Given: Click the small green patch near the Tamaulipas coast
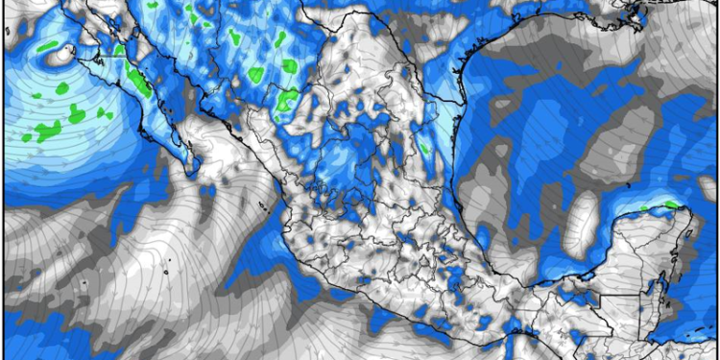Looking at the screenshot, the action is [423, 148].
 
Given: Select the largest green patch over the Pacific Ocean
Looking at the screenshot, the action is [48, 131].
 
